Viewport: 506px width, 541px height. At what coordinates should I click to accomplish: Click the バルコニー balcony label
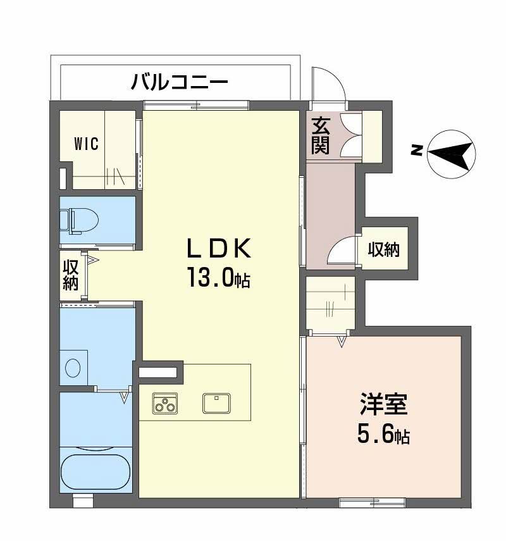click(179, 82)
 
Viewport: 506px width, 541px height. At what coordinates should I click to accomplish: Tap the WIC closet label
click(86, 144)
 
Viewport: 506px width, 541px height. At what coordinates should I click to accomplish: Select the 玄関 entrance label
click(320, 137)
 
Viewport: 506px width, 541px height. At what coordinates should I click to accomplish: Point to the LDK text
click(218, 249)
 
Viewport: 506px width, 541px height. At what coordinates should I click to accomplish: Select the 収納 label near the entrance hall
click(384, 250)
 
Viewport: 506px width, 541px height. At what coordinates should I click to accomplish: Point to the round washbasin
click(73, 366)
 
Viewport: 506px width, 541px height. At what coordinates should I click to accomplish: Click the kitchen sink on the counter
click(216, 402)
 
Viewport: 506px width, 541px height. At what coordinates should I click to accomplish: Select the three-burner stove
click(165, 404)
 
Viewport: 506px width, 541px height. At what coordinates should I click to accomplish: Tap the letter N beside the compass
click(416, 150)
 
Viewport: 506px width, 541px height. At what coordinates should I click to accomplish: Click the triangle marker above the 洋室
click(342, 342)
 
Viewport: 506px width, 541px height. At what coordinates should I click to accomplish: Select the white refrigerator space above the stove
click(158, 373)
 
